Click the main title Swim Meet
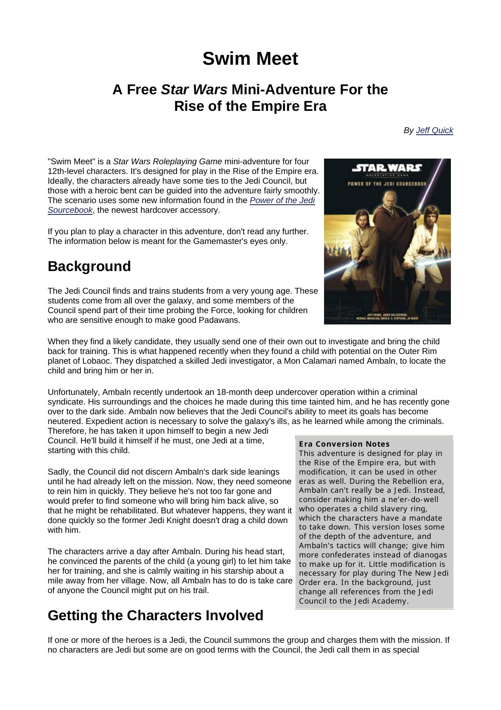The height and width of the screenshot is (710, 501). pos(250,59)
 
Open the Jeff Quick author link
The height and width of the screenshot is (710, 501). pos(434,130)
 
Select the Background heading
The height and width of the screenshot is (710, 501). pos(89,267)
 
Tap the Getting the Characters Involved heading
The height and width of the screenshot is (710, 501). pos(155,615)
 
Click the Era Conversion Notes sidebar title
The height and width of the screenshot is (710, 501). pos(344,444)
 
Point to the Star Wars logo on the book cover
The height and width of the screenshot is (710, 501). pos(387,168)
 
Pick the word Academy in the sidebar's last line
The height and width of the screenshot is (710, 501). pos(387,601)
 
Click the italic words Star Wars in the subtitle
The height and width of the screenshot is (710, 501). pos(194,90)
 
